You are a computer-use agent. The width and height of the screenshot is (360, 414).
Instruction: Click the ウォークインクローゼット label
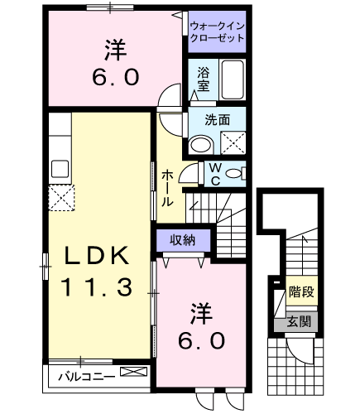(217, 32)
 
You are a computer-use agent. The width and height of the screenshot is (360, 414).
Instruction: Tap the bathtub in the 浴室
(233, 79)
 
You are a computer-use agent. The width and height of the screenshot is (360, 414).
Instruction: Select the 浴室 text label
(203, 79)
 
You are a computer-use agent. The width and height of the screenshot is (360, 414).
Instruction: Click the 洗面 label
(217, 120)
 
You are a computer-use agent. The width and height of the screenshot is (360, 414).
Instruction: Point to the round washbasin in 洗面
(200, 144)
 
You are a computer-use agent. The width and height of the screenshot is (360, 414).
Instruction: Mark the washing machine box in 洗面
(233, 142)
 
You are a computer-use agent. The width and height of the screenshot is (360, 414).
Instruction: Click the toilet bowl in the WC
(233, 174)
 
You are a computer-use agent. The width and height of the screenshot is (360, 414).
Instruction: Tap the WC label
(215, 174)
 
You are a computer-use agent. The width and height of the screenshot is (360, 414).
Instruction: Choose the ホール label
(167, 188)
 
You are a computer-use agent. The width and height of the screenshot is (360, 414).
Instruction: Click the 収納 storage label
(182, 240)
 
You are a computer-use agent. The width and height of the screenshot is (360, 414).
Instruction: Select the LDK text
(97, 255)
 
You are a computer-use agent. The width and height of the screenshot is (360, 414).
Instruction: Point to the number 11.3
(97, 287)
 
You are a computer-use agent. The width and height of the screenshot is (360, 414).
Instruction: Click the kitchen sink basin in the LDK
(60, 169)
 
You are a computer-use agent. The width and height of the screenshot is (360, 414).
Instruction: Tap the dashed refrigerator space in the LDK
(61, 198)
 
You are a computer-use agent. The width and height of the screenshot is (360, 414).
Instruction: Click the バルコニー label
(86, 377)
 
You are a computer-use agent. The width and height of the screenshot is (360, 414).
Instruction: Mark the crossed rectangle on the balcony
(134, 372)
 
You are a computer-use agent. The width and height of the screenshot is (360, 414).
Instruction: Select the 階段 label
(301, 291)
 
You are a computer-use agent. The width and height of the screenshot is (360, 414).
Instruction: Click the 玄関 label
(299, 322)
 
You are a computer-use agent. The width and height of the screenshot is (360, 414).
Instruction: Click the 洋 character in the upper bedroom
(115, 51)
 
